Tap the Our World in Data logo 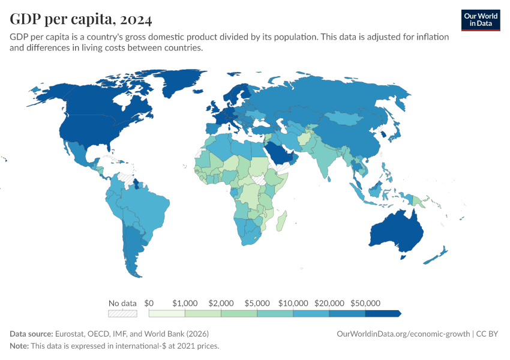(x=480, y=20)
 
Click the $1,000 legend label (x=185, y=303)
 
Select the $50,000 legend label (x=365, y=303)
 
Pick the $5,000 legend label (x=257, y=303)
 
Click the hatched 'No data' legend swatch (x=122, y=313)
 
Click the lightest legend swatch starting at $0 (x=167, y=313)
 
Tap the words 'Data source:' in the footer (x=31, y=334)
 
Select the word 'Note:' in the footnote (x=20, y=346)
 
